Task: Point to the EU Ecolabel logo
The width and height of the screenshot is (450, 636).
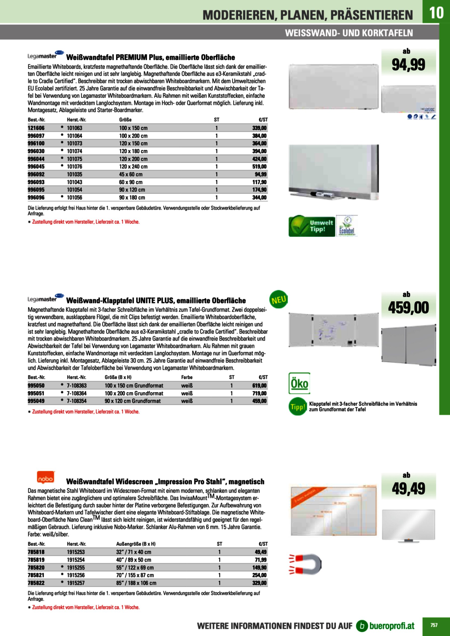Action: (x=347, y=226)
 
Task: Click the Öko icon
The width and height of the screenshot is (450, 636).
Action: (x=299, y=383)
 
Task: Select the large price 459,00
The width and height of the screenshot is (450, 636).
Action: (x=408, y=308)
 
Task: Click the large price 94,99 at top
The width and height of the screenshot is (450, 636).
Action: (x=408, y=65)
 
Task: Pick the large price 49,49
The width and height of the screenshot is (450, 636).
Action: (x=408, y=489)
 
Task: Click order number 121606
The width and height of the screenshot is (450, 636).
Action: (x=36, y=128)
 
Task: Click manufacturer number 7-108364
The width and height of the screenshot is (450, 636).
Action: (x=77, y=393)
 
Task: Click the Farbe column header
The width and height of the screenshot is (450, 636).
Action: (x=187, y=377)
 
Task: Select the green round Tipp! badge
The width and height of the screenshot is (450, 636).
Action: (x=298, y=407)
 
